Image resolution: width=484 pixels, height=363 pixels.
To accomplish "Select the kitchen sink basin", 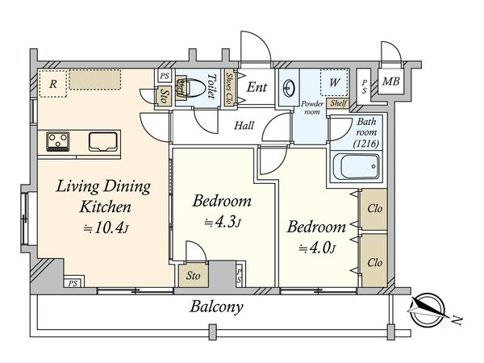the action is [x=103, y=142].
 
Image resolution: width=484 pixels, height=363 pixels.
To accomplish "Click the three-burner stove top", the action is [x=58, y=142].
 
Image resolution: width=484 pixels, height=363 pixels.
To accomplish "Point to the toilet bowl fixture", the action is [x=191, y=88].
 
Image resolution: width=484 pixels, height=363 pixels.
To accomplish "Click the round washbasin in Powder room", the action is [x=290, y=88].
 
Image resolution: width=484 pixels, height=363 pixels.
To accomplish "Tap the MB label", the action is [x=390, y=81].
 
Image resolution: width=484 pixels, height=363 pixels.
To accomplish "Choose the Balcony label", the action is [x=216, y=307].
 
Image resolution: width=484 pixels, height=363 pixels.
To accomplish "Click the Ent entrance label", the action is [x=257, y=87].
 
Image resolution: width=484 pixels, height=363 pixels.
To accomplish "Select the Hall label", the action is [x=244, y=126].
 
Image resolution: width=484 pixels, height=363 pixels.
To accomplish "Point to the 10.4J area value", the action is [x=106, y=228].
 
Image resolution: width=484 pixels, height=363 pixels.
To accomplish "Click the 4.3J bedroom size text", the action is [x=223, y=223].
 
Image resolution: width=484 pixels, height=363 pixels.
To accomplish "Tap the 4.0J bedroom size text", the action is [x=317, y=248].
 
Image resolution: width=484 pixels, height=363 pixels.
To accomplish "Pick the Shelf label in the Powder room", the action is [x=338, y=103].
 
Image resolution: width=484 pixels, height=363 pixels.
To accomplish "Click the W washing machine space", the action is [x=334, y=82].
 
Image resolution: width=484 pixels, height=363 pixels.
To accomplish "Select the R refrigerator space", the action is [x=53, y=84].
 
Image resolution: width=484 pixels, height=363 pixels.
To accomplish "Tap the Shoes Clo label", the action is [x=229, y=88].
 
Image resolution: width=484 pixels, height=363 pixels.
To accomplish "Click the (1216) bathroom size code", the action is [x=366, y=144].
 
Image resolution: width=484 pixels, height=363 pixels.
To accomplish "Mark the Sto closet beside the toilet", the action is [x=165, y=96].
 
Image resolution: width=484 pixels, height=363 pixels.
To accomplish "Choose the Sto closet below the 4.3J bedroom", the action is [x=194, y=275].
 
